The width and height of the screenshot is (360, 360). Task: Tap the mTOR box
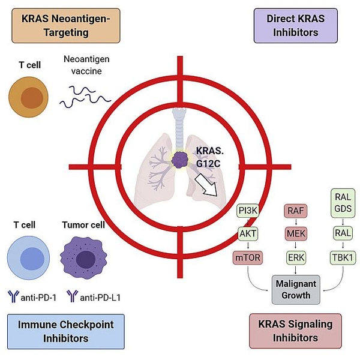tap(249, 258)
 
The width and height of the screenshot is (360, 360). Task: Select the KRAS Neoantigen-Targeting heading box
tap(67, 26)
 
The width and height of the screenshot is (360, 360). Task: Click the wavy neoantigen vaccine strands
tap(83, 95)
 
